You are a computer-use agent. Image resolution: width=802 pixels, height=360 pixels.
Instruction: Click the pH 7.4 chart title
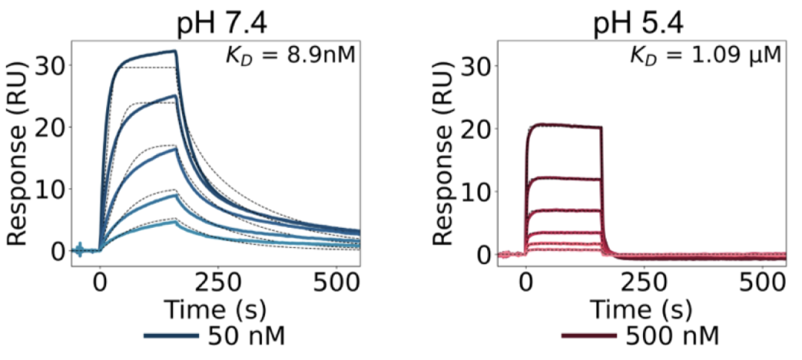pyautogui.click(x=221, y=25)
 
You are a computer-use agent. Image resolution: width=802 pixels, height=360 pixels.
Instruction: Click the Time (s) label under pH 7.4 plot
pyautogui.click(x=215, y=307)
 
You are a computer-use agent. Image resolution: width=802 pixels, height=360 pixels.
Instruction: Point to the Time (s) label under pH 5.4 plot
pyautogui.click(x=641, y=307)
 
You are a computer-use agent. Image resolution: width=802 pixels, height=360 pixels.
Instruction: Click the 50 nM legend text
pyautogui.click(x=248, y=336)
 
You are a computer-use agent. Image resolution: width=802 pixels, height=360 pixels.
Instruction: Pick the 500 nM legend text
pyautogui.click(x=673, y=336)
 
